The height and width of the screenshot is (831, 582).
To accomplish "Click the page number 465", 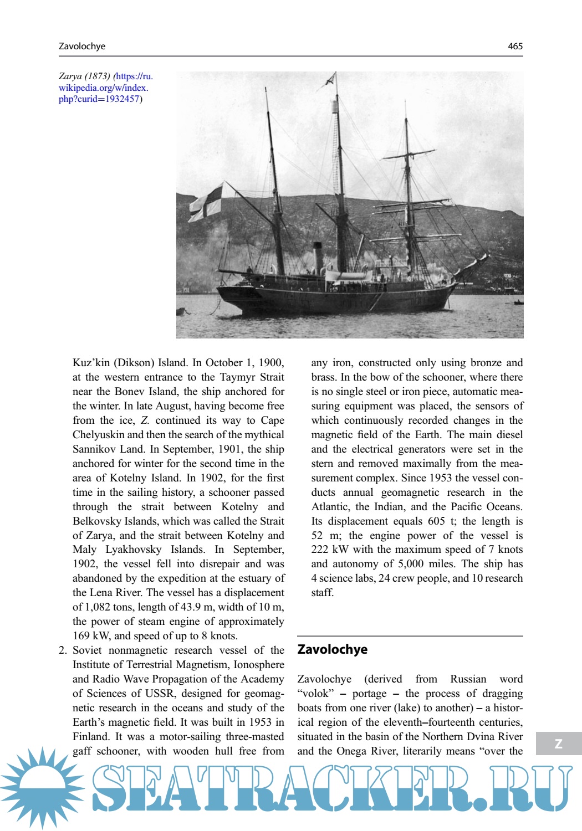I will (x=515, y=47).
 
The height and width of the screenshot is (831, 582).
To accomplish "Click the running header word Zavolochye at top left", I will (x=82, y=47).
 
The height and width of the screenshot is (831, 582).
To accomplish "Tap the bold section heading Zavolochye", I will (x=332, y=649).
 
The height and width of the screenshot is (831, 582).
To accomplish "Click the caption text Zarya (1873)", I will (x=84, y=76).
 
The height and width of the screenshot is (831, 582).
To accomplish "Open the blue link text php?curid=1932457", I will (x=99, y=99).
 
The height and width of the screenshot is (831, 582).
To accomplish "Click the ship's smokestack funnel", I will (x=318, y=257).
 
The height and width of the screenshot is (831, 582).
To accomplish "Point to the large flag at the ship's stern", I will (x=206, y=203).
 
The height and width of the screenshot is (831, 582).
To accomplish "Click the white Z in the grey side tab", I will (x=559, y=744).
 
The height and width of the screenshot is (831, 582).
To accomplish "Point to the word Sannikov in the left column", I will (x=93, y=449).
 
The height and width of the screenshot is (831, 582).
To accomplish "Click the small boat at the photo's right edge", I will (x=518, y=302).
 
